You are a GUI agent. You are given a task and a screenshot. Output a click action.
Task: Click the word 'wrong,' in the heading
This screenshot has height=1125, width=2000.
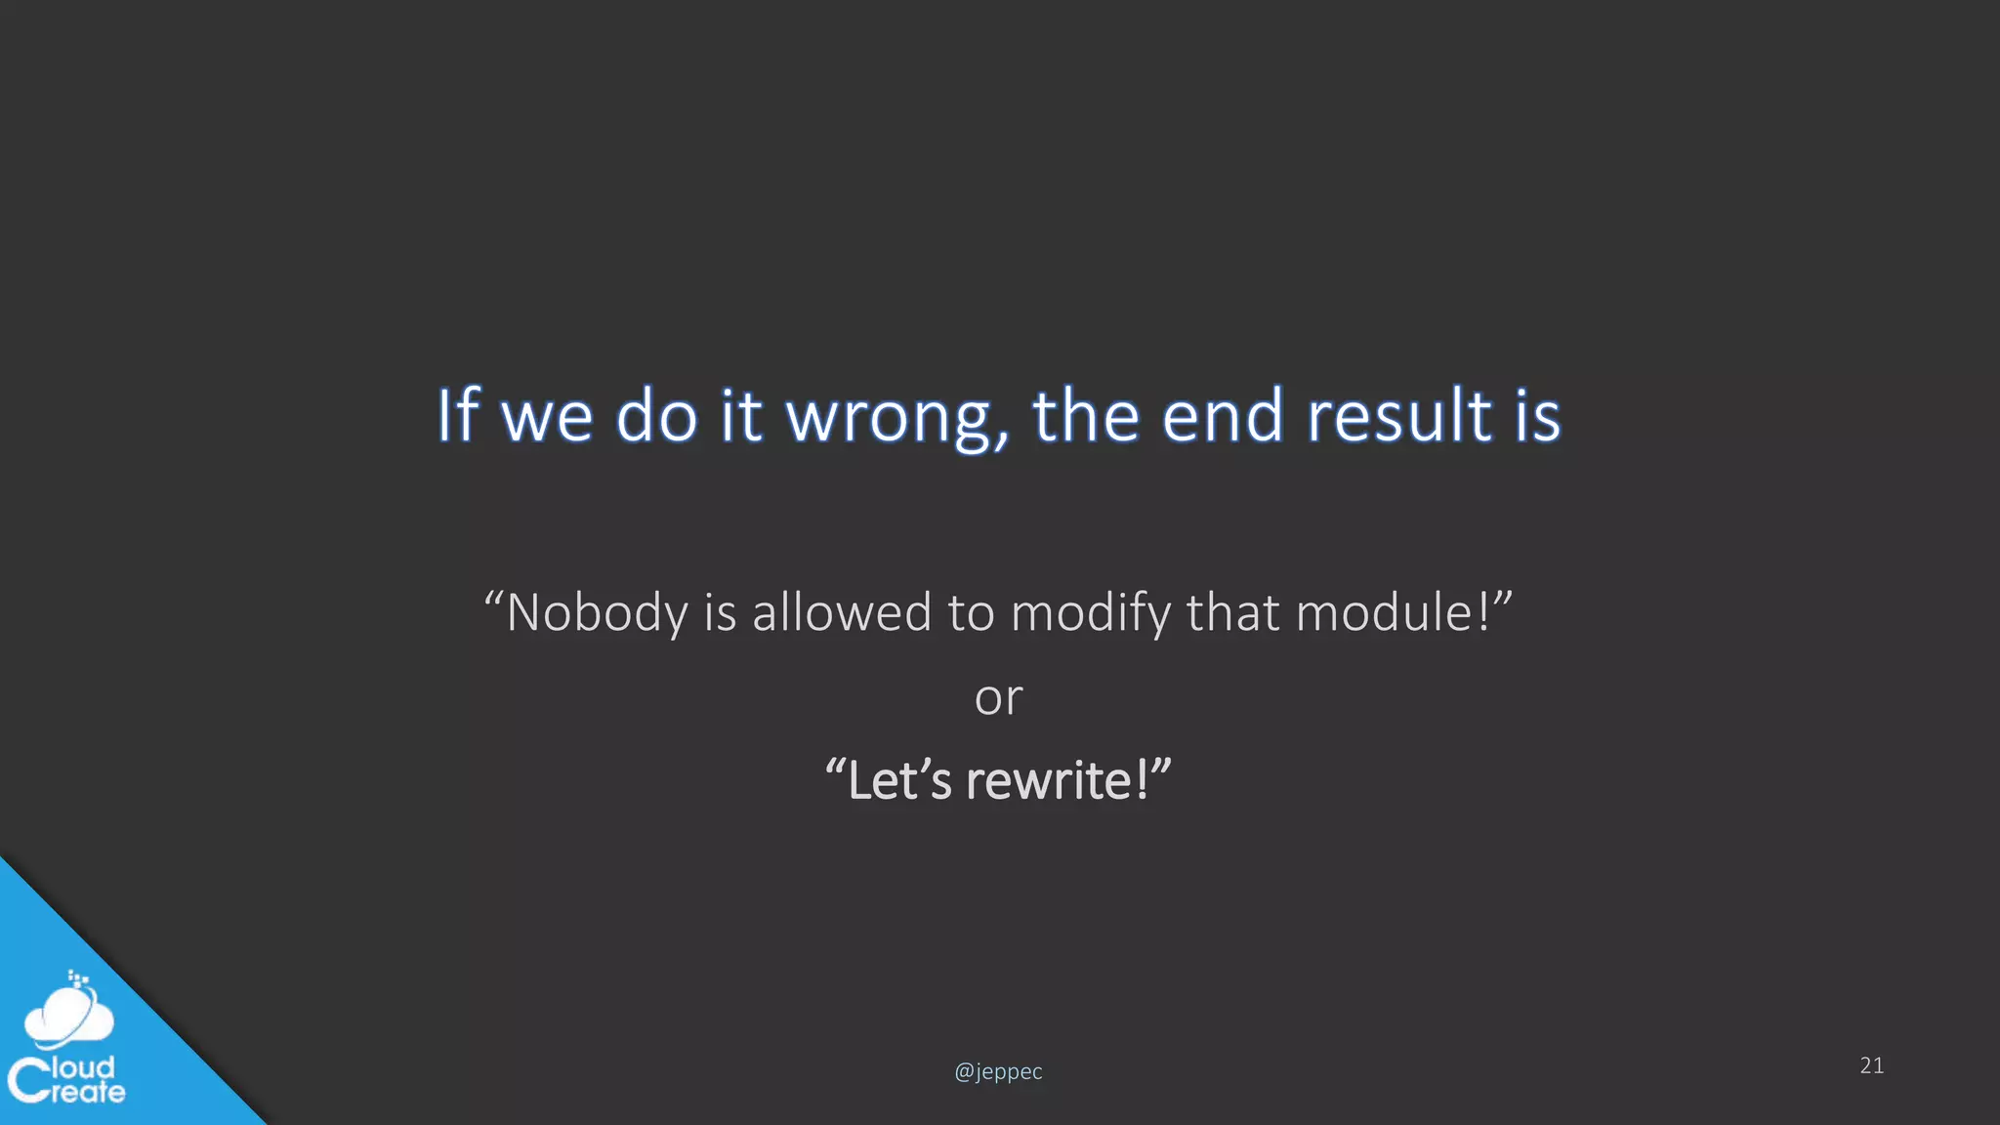(897, 417)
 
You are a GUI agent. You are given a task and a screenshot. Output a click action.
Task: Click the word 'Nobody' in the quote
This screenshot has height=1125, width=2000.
(597, 613)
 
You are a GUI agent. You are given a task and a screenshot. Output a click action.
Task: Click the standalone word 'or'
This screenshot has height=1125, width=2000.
(998, 697)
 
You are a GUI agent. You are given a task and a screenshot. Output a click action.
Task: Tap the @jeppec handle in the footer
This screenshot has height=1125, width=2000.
(998, 1071)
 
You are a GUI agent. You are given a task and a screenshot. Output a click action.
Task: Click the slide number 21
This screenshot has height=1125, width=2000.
(1872, 1065)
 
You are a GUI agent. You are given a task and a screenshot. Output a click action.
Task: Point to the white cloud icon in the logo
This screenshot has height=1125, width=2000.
(68, 1016)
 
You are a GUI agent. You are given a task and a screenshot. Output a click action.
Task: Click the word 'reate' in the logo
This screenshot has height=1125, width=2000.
(88, 1092)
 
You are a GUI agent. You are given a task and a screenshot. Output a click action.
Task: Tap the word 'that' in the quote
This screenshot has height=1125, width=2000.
(1232, 613)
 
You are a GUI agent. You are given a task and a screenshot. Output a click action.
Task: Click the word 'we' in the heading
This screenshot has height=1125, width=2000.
(547, 417)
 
